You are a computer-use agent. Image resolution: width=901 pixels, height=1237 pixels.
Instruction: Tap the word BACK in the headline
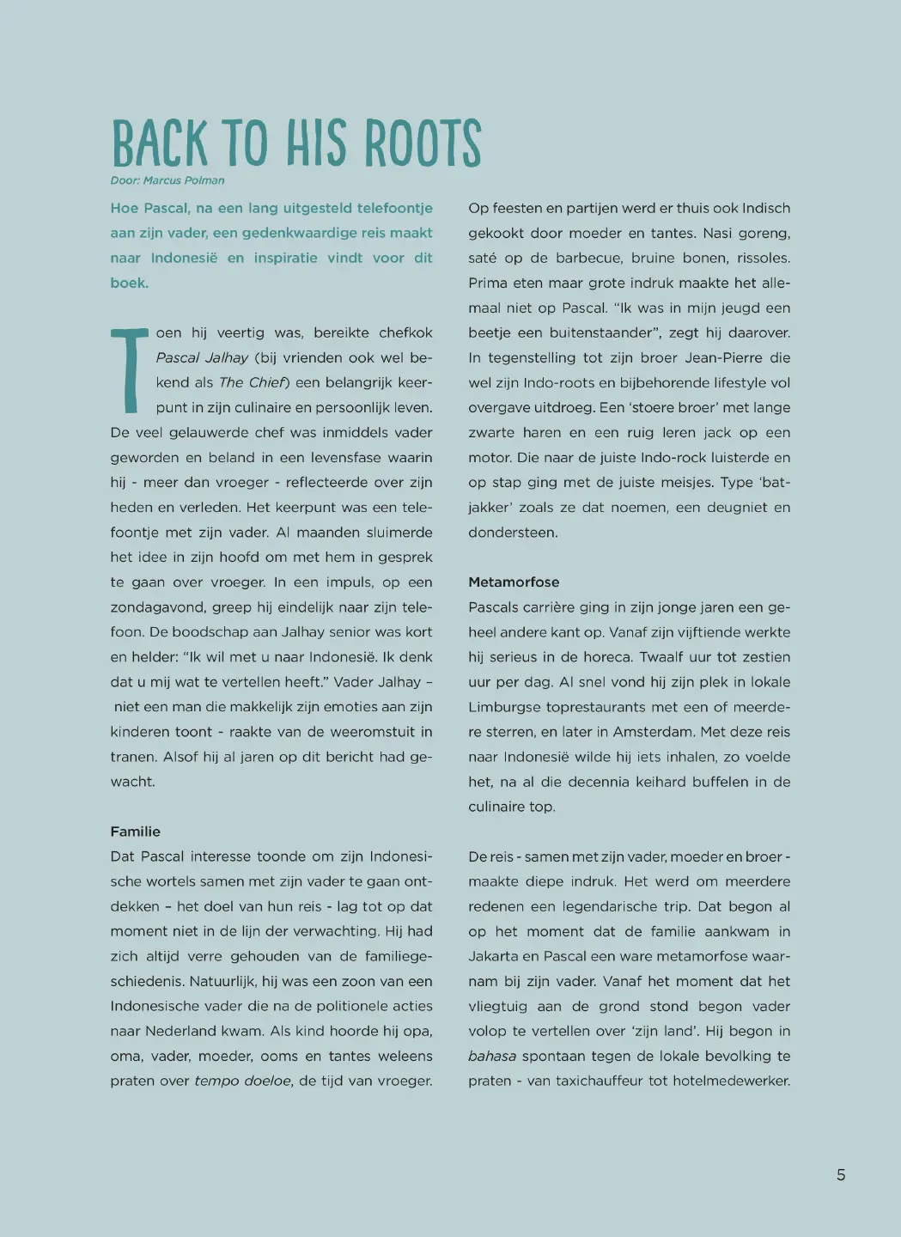pyautogui.click(x=160, y=143)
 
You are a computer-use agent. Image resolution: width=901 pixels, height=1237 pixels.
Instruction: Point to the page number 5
pyautogui.click(x=841, y=1175)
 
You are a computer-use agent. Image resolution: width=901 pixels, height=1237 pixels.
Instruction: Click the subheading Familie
pyautogui.click(x=135, y=832)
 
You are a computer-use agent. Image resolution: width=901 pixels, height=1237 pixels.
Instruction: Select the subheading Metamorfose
pyautogui.click(x=514, y=582)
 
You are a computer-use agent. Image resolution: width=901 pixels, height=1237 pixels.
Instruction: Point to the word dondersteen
pyautogui.click(x=513, y=533)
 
